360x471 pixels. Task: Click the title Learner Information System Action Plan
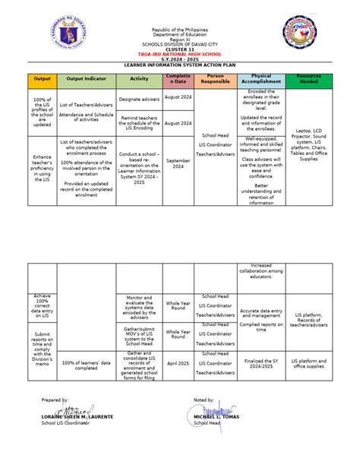point(180,66)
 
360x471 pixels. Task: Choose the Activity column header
point(139,80)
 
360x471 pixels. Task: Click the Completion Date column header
point(178,80)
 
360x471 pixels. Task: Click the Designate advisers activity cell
point(139,99)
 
